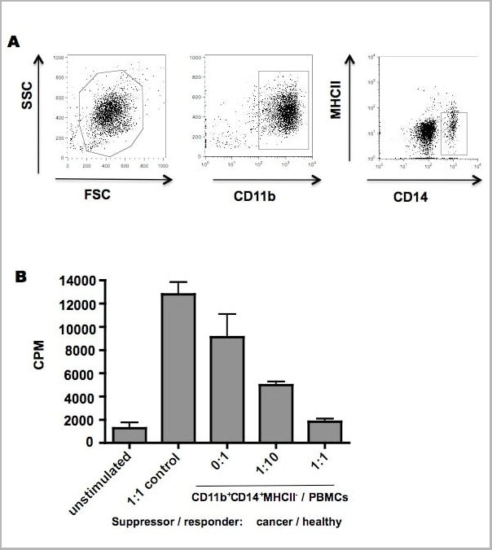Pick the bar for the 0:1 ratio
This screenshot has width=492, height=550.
(227, 389)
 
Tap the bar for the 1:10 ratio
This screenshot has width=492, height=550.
(276, 413)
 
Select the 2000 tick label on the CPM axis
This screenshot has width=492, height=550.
(81, 420)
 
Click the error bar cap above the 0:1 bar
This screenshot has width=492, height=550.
(227, 314)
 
